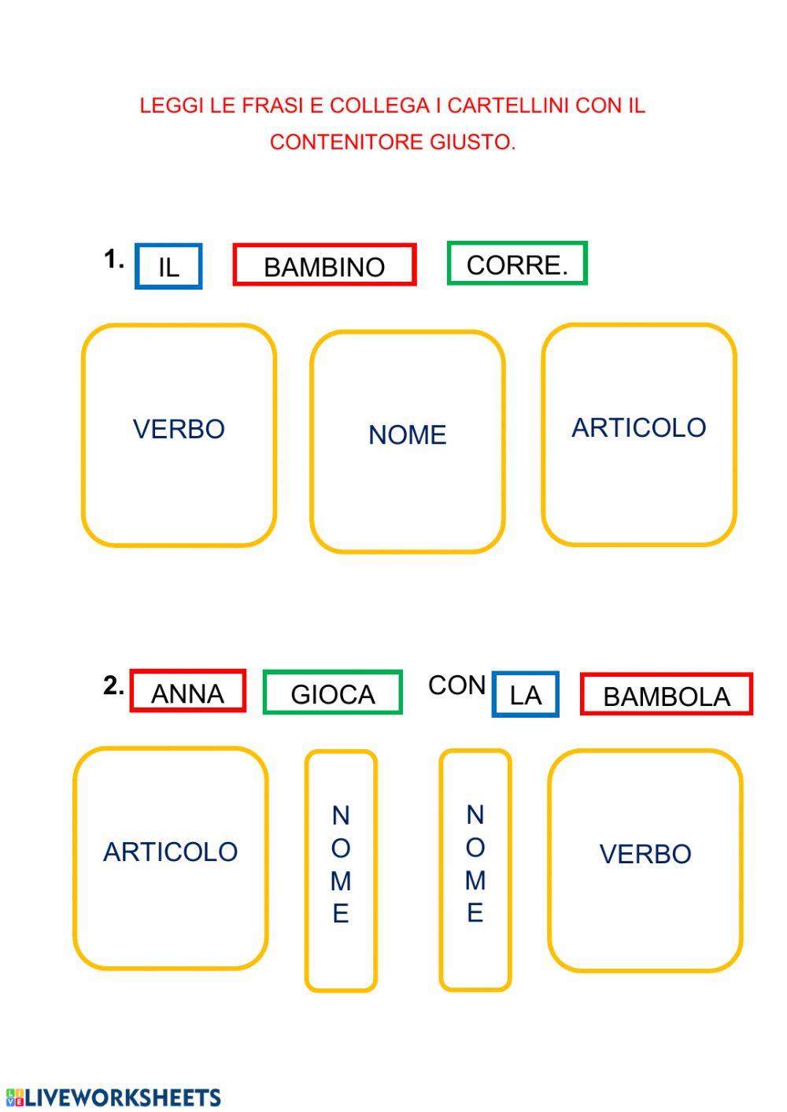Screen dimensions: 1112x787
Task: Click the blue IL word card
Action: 168,267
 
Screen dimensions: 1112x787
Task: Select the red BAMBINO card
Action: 324,265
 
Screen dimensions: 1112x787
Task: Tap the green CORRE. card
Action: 517,264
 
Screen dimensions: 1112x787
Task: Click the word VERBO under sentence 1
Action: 179,429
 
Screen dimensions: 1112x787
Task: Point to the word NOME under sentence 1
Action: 408,434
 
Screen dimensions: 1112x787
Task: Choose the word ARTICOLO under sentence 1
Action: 638,427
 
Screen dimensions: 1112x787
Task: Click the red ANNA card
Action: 187,692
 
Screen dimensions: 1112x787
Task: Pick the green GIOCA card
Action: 333,693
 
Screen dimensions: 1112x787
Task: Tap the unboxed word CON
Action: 456,685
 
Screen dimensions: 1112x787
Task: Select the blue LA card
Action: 525,695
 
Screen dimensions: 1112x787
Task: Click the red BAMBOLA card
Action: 667,695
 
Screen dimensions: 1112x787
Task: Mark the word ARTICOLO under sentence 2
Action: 170,852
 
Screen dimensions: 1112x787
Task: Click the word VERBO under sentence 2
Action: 645,854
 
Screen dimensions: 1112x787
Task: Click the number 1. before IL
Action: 114,259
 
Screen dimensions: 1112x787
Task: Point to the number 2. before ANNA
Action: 114,685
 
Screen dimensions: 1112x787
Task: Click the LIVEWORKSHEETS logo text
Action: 122,1098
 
